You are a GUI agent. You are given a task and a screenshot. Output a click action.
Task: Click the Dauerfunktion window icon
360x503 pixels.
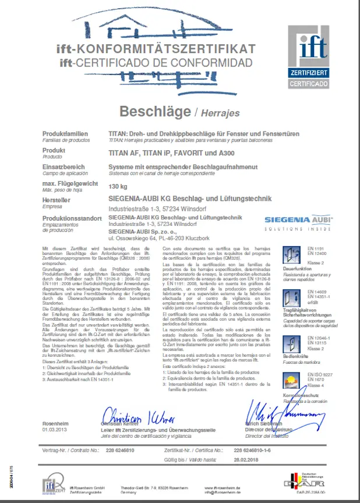pos(291,254)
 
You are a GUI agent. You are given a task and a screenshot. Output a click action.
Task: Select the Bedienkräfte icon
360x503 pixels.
pos(291,343)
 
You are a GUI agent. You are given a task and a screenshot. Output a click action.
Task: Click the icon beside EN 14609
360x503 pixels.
pos(291,297)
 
